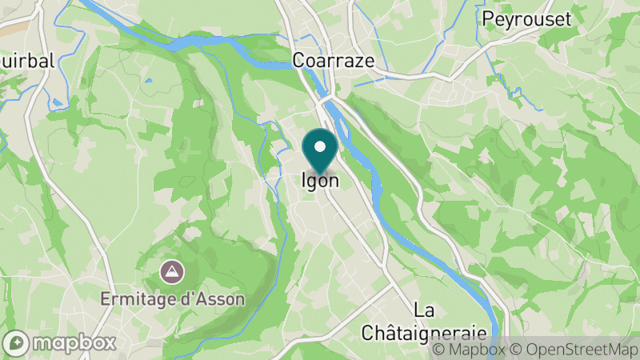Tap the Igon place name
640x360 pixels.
pos(320,181)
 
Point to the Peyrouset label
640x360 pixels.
pos(527,19)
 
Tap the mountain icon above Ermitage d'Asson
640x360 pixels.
pos(170,272)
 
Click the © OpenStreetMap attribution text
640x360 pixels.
pos(575,350)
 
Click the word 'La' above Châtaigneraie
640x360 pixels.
pos(424,310)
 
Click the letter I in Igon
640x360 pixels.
pos(304,181)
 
